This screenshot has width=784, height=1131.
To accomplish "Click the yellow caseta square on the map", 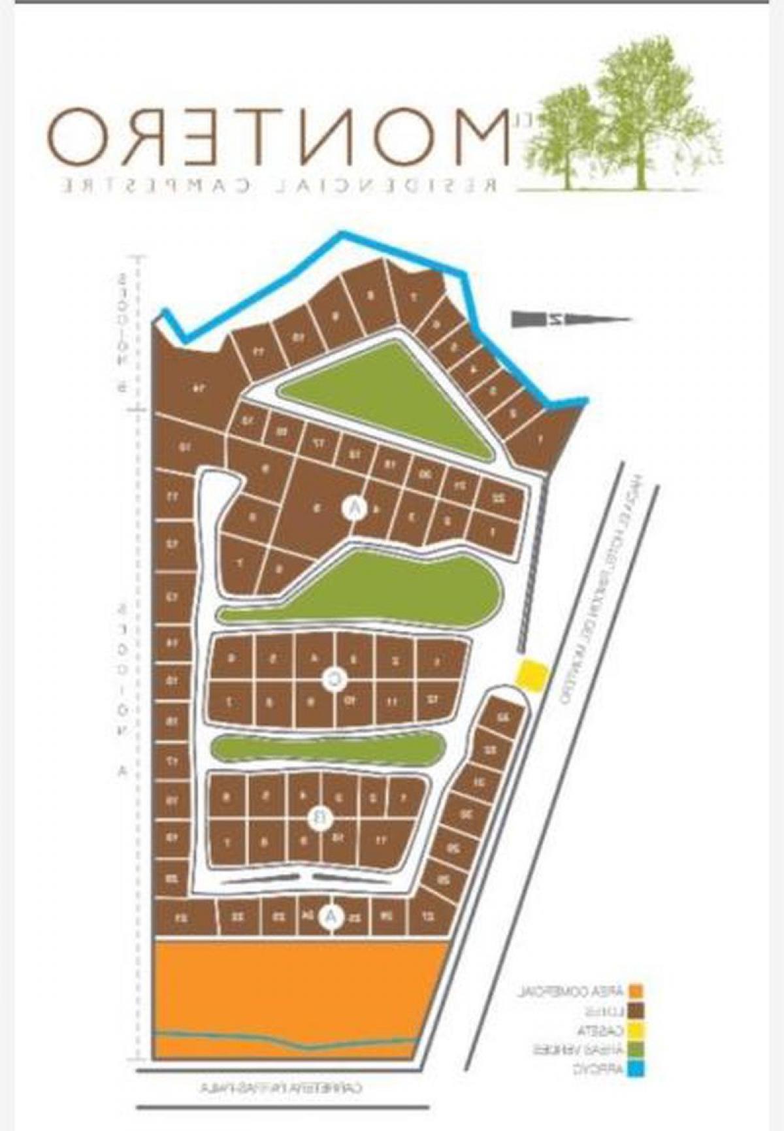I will click(x=532, y=675).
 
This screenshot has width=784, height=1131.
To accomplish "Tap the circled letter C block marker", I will click(x=334, y=681).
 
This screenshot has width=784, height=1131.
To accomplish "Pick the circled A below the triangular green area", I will click(x=353, y=508).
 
